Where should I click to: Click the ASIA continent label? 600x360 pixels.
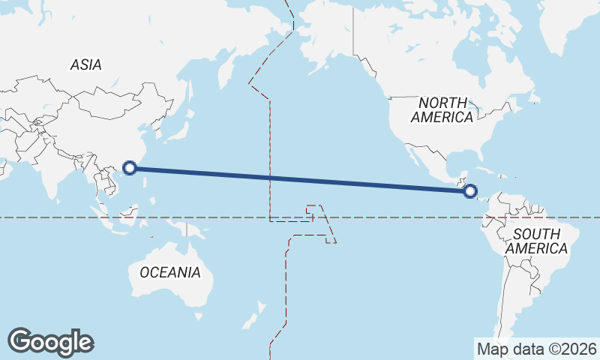pyautogui.click(x=85, y=65)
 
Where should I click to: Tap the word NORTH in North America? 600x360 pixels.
pyautogui.click(x=442, y=103)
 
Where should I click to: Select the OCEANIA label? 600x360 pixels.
pyautogui.click(x=170, y=272)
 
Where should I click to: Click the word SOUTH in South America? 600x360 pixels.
pyautogui.click(x=536, y=234)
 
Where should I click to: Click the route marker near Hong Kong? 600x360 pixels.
pyautogui.click(x=130, y=168)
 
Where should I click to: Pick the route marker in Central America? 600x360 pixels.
pyautogui.click(x=470, y=191)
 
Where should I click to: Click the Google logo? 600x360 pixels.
pyautogui.click(x=50, y=342)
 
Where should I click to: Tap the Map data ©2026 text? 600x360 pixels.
pyautogui.click(x=536, y=349)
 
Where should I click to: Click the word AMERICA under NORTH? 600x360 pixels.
pyautogui.click(x=442, y=118)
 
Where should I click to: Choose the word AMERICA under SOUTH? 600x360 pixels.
pyautogui.click(x=536, y=248)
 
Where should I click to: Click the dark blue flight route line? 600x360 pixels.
pyautogui.click(x=300, y=179)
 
